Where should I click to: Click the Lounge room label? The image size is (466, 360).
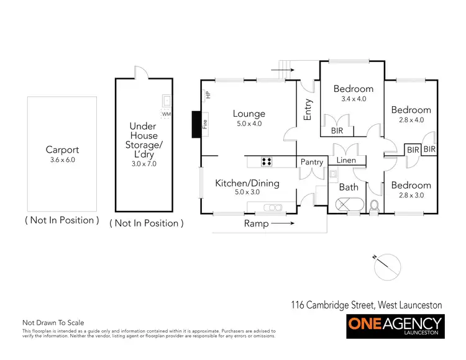pos(249,114)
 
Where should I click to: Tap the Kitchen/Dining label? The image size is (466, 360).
pos(247,183)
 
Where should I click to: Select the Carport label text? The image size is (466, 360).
pos(62,150)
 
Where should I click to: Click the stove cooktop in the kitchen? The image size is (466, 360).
pos(267,161)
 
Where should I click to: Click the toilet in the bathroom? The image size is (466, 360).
pos(374,205)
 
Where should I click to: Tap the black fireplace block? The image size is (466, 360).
pos(197,124)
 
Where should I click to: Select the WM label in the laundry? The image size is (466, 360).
pos(165,114)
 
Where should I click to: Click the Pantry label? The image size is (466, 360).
pos(312,163)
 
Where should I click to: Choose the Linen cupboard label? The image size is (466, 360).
pos(345,161)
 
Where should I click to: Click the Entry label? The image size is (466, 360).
pos(308,109)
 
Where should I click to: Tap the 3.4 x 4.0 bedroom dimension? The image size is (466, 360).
pos(353,99)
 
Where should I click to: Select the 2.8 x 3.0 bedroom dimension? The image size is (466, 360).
pos(411,196)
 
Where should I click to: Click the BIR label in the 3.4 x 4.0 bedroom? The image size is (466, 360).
pos(337,131)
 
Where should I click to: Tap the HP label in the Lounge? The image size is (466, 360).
pos(208,94)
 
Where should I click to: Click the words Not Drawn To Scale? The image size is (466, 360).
pos(53,323)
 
